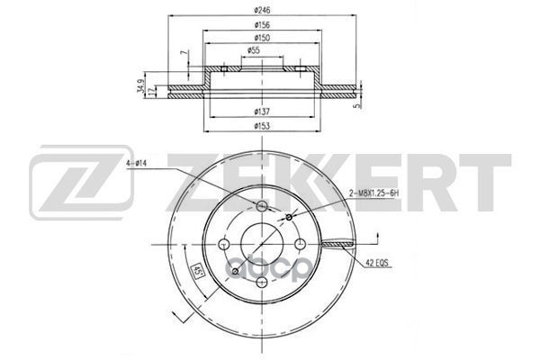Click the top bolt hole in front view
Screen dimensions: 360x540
point(261,209)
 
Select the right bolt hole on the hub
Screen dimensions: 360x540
point(299,245)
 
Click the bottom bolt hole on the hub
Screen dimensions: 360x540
point(261,282)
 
